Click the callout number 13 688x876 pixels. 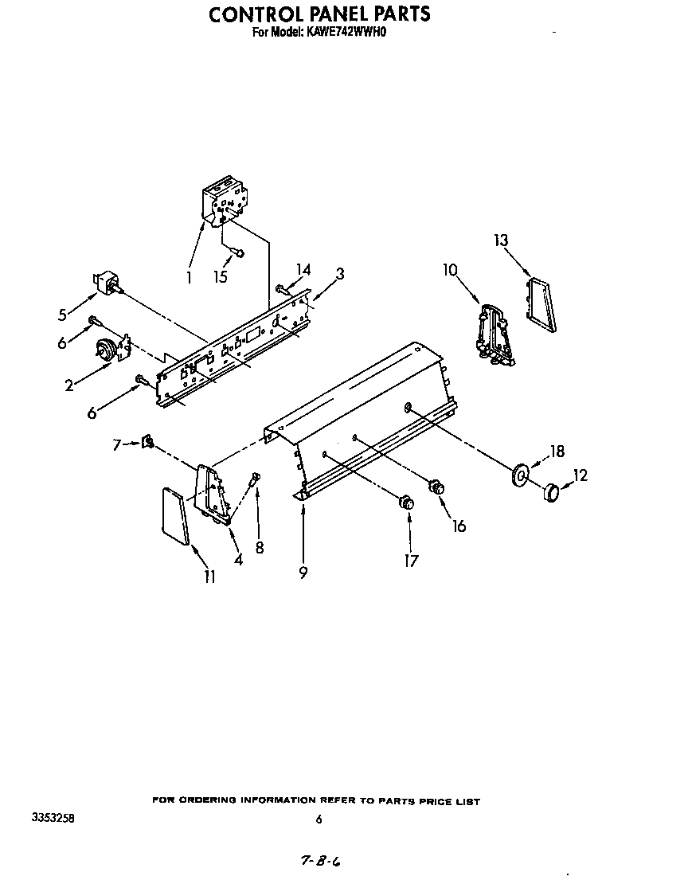click(501, 241)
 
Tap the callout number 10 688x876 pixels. click(450, 271)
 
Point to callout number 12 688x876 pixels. click(580, 475)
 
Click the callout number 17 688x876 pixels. click(411, 561)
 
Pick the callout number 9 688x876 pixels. click(303, 573)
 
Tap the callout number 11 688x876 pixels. click(209, 577)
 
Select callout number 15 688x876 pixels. click(221, 276)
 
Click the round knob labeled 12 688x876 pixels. click(551, 492)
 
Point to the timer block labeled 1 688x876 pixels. click(224, 201)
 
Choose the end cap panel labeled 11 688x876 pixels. click(175, 515)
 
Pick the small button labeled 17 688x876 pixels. click(407, 503)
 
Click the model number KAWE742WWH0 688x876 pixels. click(346, 33)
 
